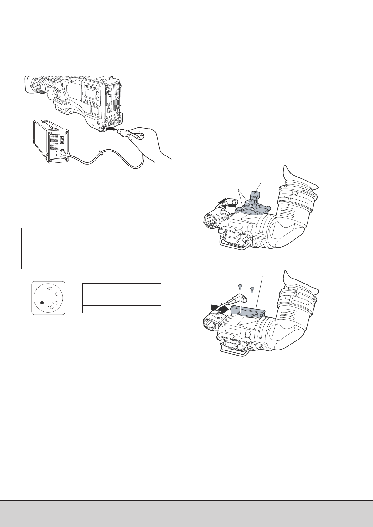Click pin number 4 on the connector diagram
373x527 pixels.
click(50, 289)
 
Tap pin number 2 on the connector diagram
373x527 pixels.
click(56, 303)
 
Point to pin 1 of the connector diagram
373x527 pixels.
click(52, 307)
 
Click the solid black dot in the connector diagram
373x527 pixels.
click(42, 303)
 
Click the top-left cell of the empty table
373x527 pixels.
click(102, 287)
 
